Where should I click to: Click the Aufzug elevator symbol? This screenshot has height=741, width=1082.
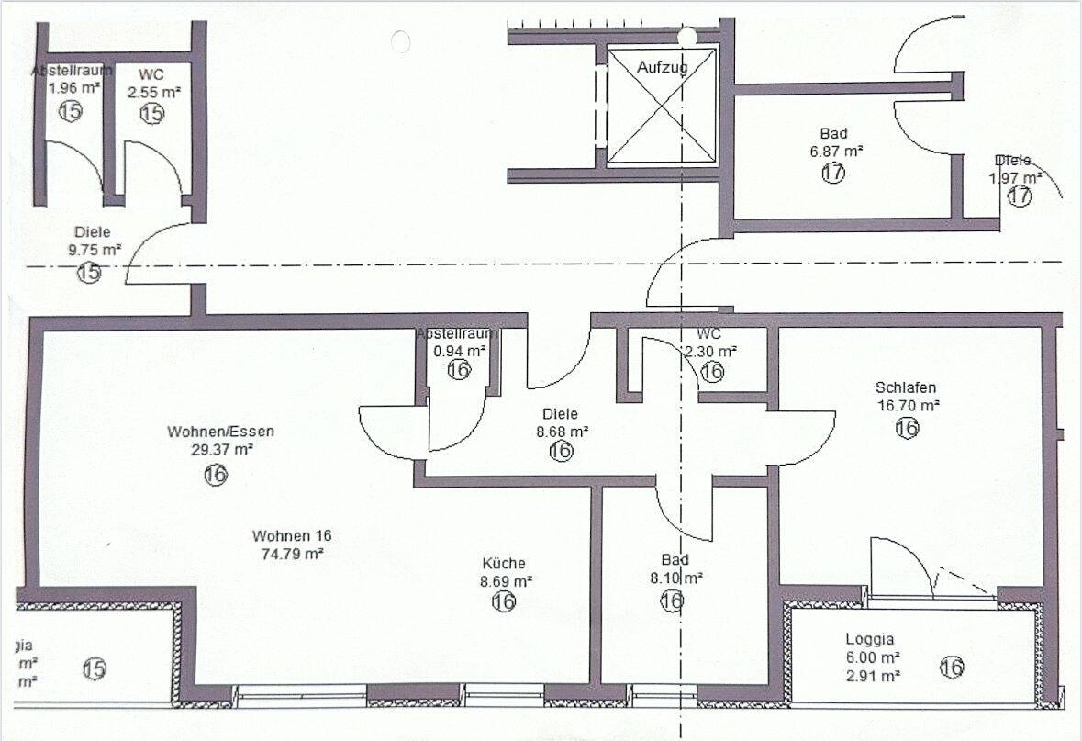pyautogui.click(x=661, y=106)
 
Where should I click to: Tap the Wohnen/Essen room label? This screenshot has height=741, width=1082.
pyautogui.click(x=220, y=431)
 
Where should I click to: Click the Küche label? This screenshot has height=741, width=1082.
pyautogui.click(x=504, y=563)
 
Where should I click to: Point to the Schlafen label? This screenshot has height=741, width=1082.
pyautogui.click(x=906, y=387)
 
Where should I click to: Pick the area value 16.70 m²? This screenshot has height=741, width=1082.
pyautogui.click(x=906, y=405)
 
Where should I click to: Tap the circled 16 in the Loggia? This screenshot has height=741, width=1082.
pyautogui.click(x=952, y=668)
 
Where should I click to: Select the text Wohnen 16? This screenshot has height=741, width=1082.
pyautogui.click(x=292, y=535)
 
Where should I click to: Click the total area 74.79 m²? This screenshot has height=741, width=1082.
pyautogui.click(x=292, y=554)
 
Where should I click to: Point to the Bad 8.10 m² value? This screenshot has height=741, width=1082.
pyautogui.click(x=675, y=578)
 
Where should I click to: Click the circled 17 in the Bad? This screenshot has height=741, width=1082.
pyautogui.click(x=833, y=172)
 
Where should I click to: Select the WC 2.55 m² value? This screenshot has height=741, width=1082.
pyautogui.click(x=153, y=92)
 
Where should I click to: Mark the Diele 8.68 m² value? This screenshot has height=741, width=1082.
pyautogui.click(x=562, y=431)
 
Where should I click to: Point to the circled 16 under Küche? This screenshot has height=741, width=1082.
pyautogui.click(x=504, y=601)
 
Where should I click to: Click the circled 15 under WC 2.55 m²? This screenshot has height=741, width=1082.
pyautogui.click(x=151, y=113)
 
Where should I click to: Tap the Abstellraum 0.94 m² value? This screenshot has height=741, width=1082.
pyautogui.click(x=460, y=351)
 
